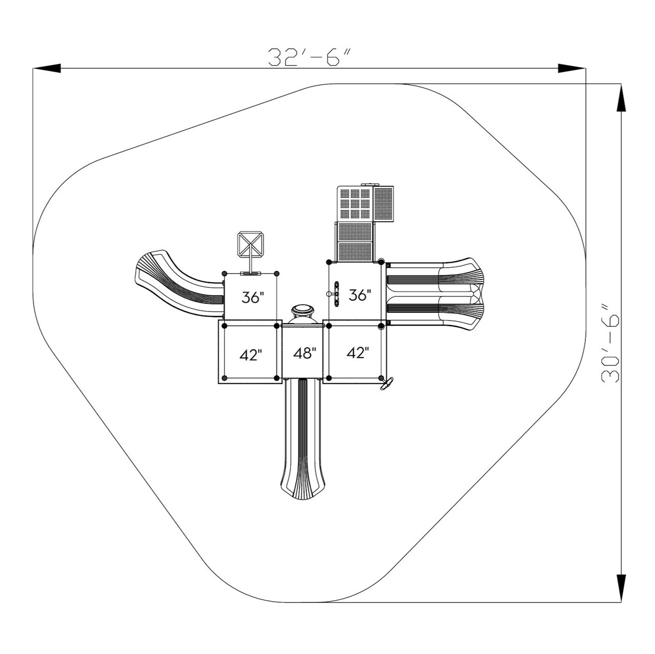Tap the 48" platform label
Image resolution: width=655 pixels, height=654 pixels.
tap(305, 353)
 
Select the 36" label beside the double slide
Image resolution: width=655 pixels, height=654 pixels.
tap(360, 295)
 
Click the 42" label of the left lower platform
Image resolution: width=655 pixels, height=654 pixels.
tap(251, 354)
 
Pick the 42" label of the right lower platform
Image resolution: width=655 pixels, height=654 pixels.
tap(358, 353)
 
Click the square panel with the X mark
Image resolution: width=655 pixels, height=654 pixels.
tap(251, 245)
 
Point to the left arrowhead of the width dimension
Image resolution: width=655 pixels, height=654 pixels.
tap(47, 68)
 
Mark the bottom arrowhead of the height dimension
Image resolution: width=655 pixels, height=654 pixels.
tap(621, 588)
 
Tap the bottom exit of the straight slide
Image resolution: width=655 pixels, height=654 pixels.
tap(303, 490)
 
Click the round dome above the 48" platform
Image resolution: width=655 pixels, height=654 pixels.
tap(303, 311)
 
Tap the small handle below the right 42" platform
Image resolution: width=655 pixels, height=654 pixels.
tap(386, 384)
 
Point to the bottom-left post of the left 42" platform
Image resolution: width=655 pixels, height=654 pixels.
tap(224, 379)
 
